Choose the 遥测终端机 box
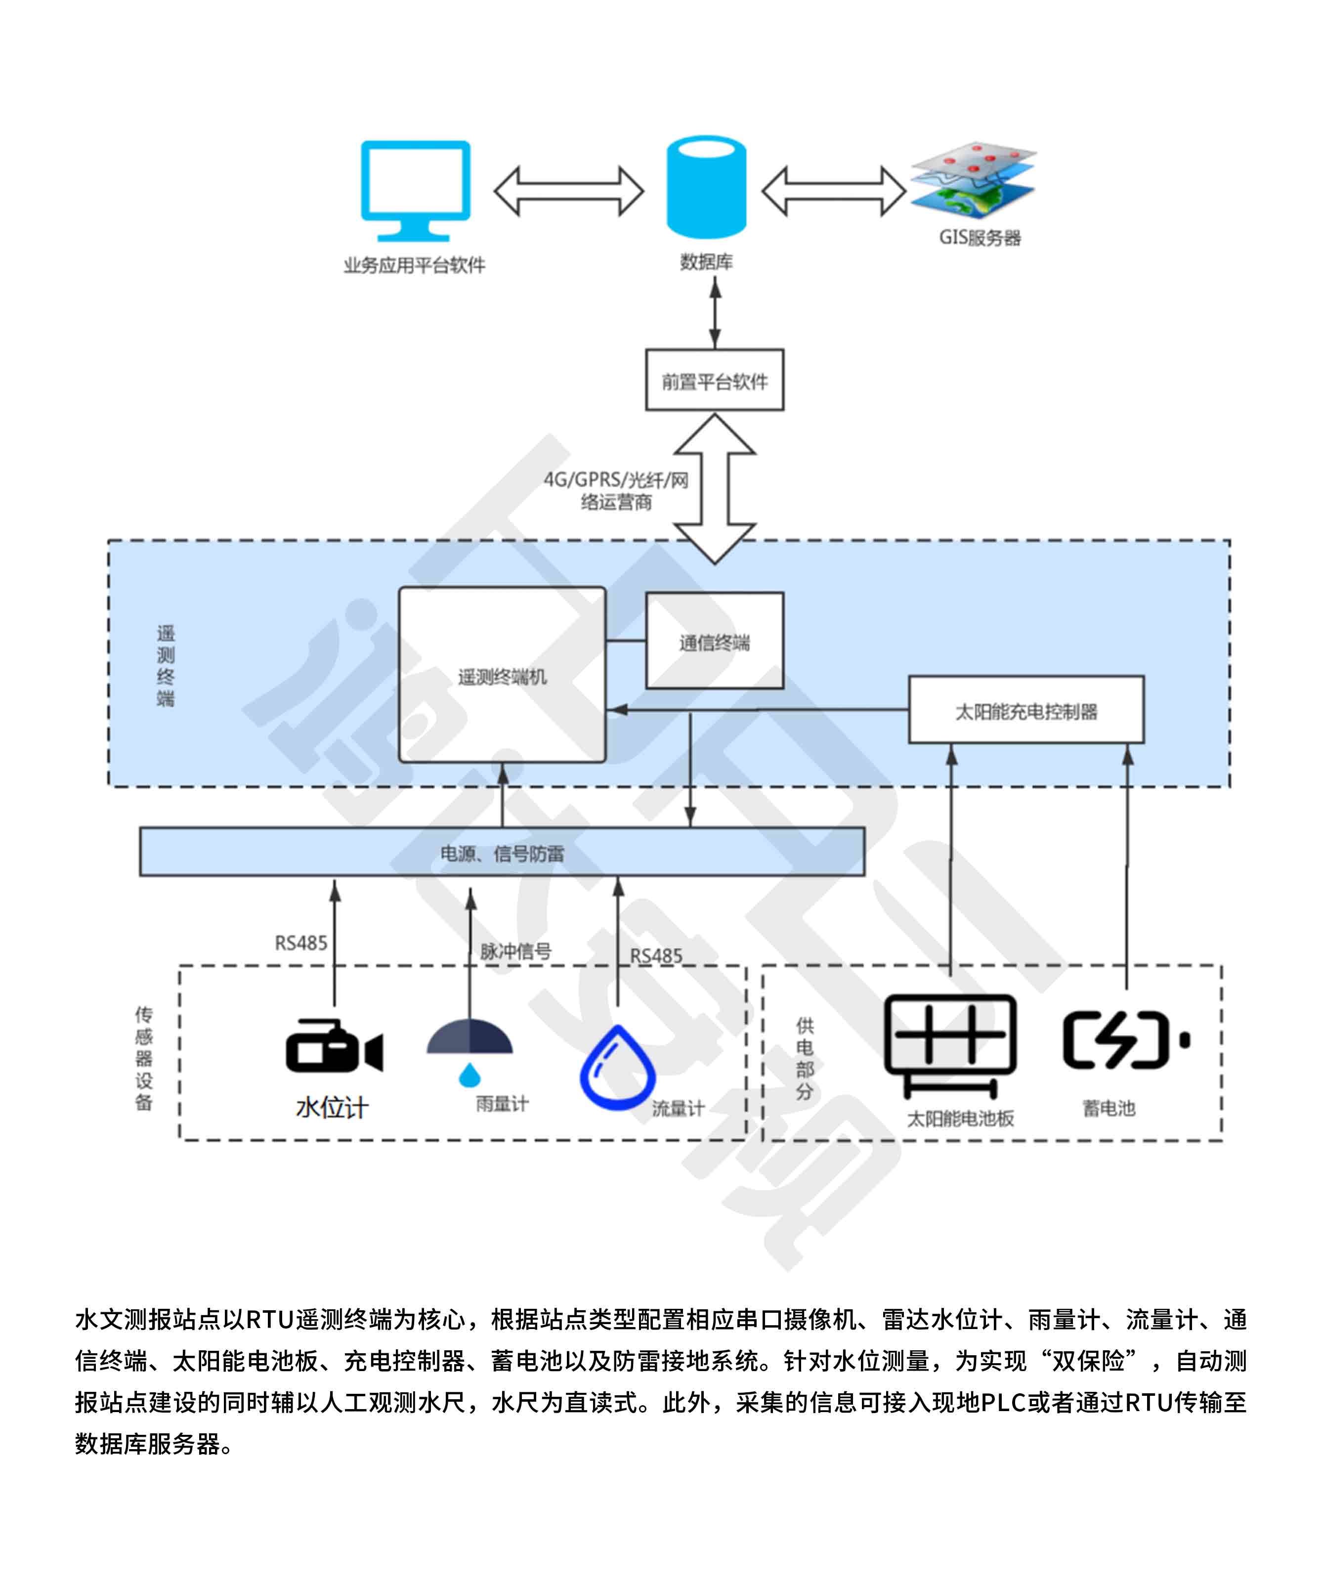[502, 675]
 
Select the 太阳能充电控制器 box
[1025, 710]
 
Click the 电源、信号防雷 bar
[502, 852]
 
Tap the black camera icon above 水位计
[334, 1046]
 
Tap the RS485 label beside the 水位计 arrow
[301, 943]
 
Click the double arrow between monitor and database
[568, 191]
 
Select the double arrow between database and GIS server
[833, 191]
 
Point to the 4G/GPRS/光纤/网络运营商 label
[615, 490]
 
